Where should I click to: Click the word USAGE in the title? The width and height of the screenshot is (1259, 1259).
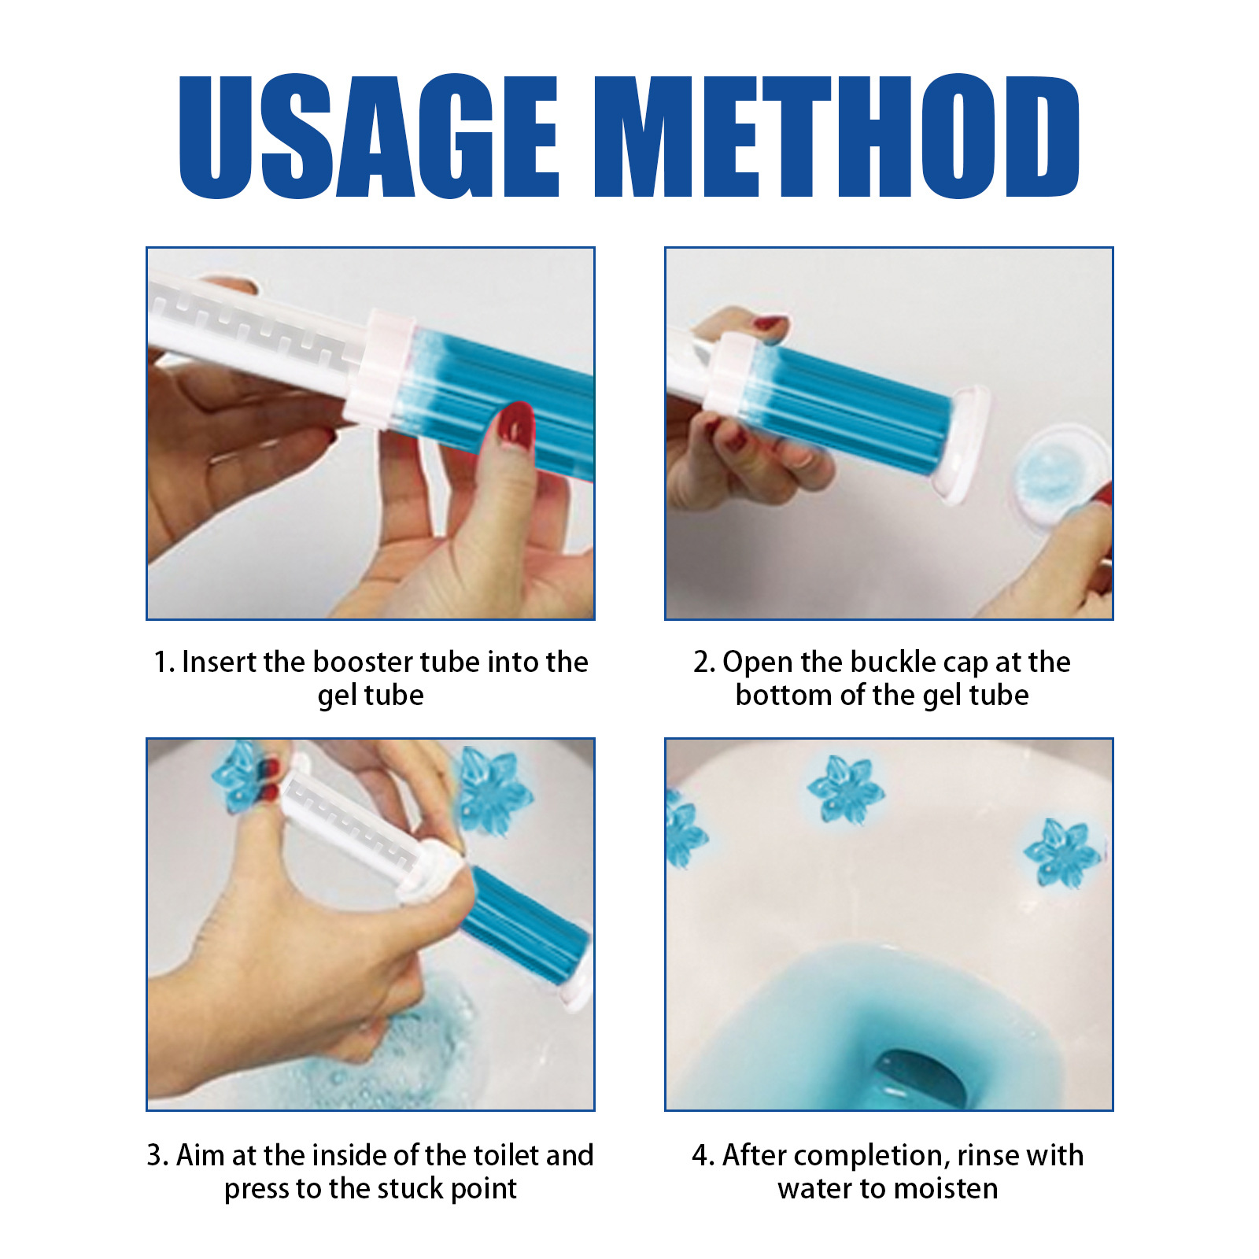[368, 136]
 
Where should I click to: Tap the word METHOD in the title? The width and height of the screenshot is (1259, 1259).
[836, 136]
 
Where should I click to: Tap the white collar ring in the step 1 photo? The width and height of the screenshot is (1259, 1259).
[381, 368]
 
